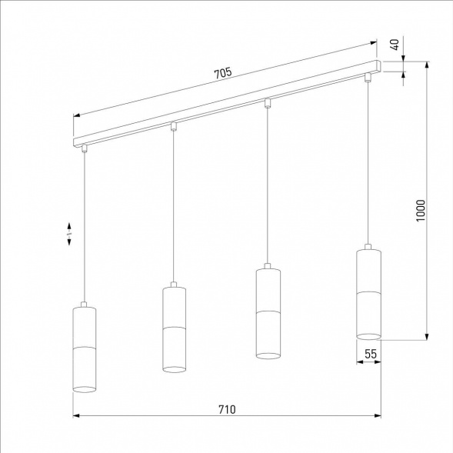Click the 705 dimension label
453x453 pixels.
click(222, 73)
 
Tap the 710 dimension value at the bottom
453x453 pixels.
click(227, 409)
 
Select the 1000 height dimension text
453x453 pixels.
click(420, 210)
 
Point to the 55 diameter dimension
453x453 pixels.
click(370, 354)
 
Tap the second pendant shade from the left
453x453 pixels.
click(175, 328)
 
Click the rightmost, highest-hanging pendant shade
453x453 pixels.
click(369, 293)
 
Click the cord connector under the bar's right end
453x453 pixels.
click(368, 77)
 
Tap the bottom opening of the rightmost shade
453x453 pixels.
click(369, 335)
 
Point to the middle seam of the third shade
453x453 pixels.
click(267, 311)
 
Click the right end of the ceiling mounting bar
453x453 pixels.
click(378, 64)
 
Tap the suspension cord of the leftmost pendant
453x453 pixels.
click(84, 231)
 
